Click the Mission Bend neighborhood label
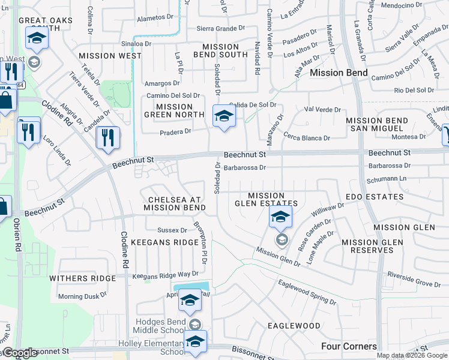point(339,73)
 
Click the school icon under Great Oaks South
point(37,40)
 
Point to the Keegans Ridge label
point(164,242)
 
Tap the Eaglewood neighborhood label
point(294,326)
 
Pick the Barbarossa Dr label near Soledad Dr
point(244,168)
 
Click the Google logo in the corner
point(20,353)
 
